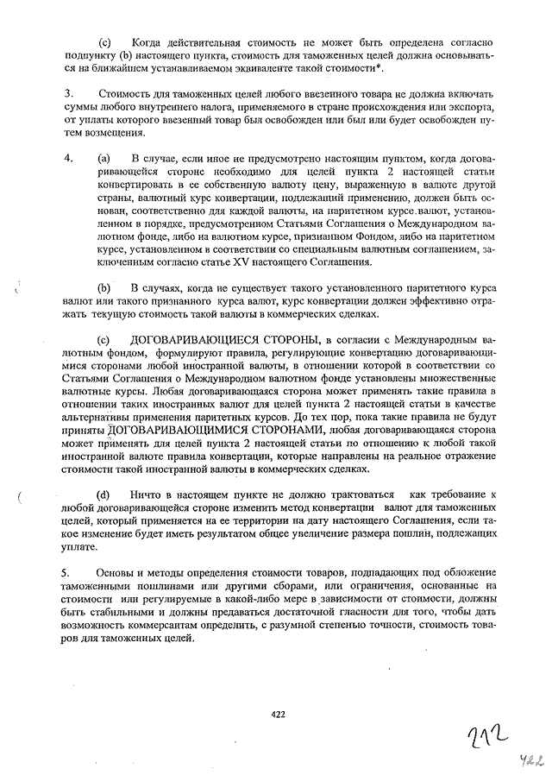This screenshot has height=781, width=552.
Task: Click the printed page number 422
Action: tap(278, 714)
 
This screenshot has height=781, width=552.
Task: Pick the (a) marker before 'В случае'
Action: tap(103, 160)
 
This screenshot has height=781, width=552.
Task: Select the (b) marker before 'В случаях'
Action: tap(104, 286)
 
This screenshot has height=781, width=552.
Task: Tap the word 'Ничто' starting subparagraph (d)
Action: tap(147, 494)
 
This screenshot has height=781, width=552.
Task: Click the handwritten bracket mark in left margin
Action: tap(18, 498)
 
